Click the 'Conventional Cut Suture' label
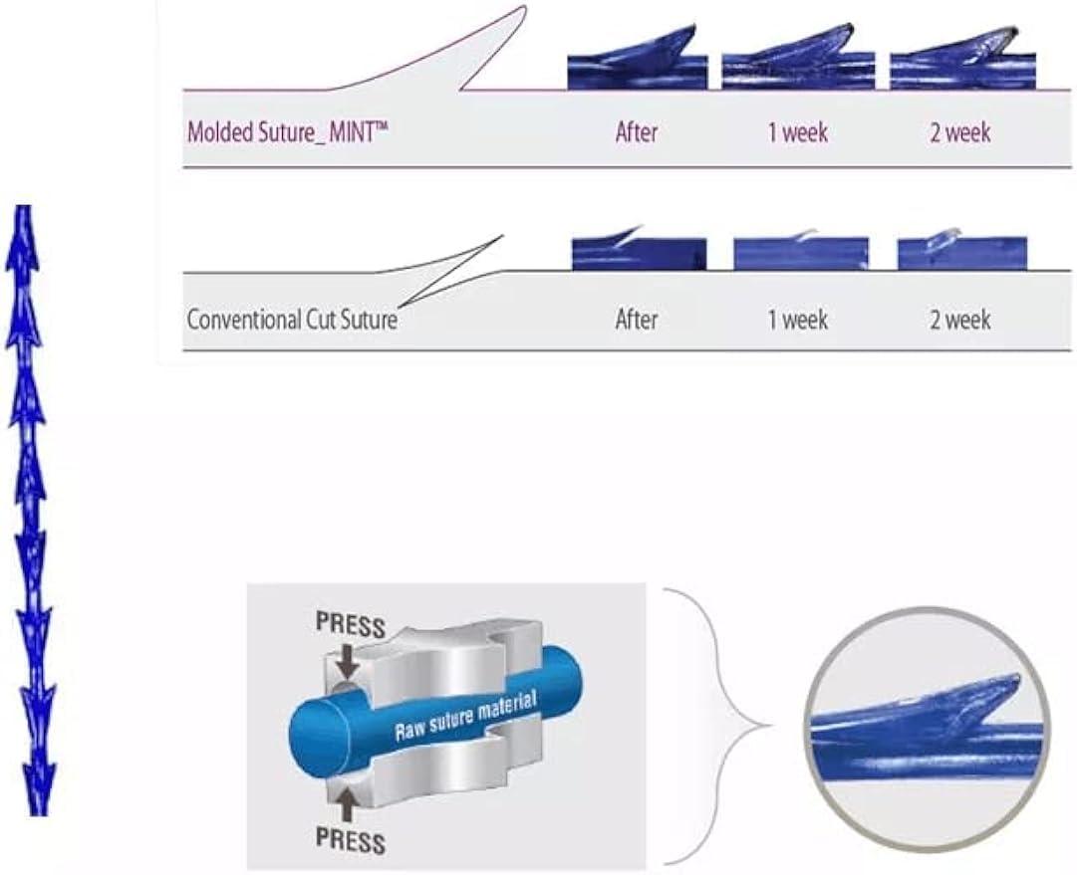point(292,321)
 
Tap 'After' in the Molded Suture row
point(637,132)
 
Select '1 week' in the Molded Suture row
point(798,132)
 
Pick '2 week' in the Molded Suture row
point(960,132)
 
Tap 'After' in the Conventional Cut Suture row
point(637,321)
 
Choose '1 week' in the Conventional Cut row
point(798,321)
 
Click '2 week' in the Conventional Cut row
point(960,321)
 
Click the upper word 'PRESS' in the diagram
point(350,624)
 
